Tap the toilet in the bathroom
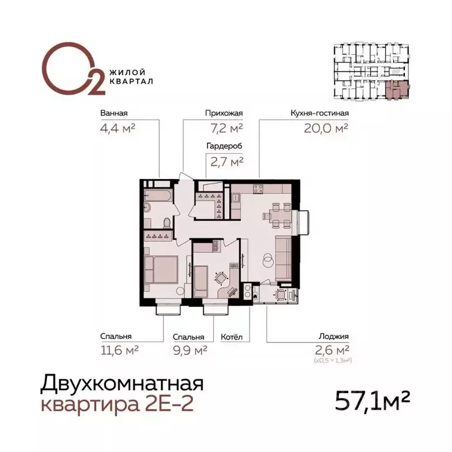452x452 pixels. click(167, 222)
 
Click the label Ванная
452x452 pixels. click(114, 114)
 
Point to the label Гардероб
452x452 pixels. click(224, 145)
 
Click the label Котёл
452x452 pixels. click(232, 338)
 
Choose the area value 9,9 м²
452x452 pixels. click(188, 351)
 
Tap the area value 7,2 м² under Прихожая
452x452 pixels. click(224, 128)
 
